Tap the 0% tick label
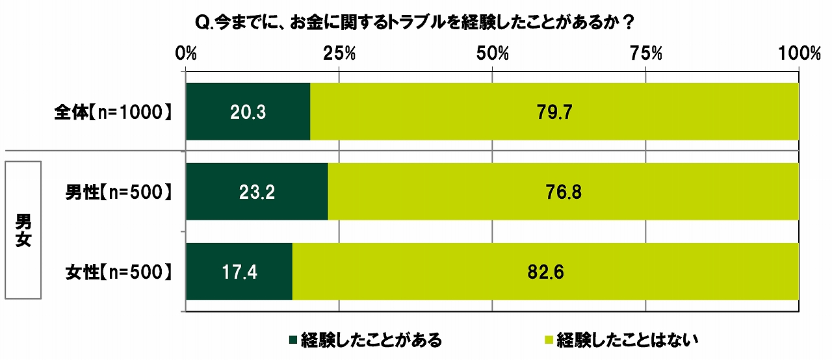187,54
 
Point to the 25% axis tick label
339,54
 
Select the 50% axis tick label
492,54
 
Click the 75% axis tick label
645,54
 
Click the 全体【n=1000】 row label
114,112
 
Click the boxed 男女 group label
23,231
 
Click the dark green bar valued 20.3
248,112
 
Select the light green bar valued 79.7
554,112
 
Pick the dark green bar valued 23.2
257,192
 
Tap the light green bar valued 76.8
563,192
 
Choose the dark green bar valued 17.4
239,272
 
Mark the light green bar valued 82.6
545,272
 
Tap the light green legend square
547,339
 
